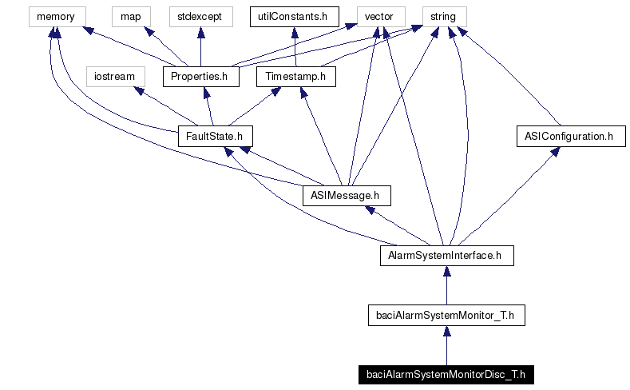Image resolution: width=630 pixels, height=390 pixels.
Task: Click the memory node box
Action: [55, 16]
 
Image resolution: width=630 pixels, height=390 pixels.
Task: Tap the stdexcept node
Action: [200, 16]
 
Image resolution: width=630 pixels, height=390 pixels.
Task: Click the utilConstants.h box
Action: [295, 16]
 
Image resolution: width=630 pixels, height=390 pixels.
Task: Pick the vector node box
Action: [379, 16]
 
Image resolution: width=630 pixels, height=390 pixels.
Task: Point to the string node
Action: [443, 16]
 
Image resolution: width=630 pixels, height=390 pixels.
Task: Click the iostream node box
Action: [115, 77]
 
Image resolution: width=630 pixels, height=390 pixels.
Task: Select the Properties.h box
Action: [200, 77]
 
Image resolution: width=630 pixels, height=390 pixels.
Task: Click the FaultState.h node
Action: [210, 137]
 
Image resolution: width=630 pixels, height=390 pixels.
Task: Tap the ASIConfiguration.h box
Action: [569, 137]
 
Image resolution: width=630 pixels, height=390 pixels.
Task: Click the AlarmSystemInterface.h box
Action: [446, 256]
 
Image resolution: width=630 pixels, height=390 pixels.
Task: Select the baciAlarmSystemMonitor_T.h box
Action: [446, 316]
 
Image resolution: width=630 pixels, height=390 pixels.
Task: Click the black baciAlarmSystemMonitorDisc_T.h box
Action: [446, 375]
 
